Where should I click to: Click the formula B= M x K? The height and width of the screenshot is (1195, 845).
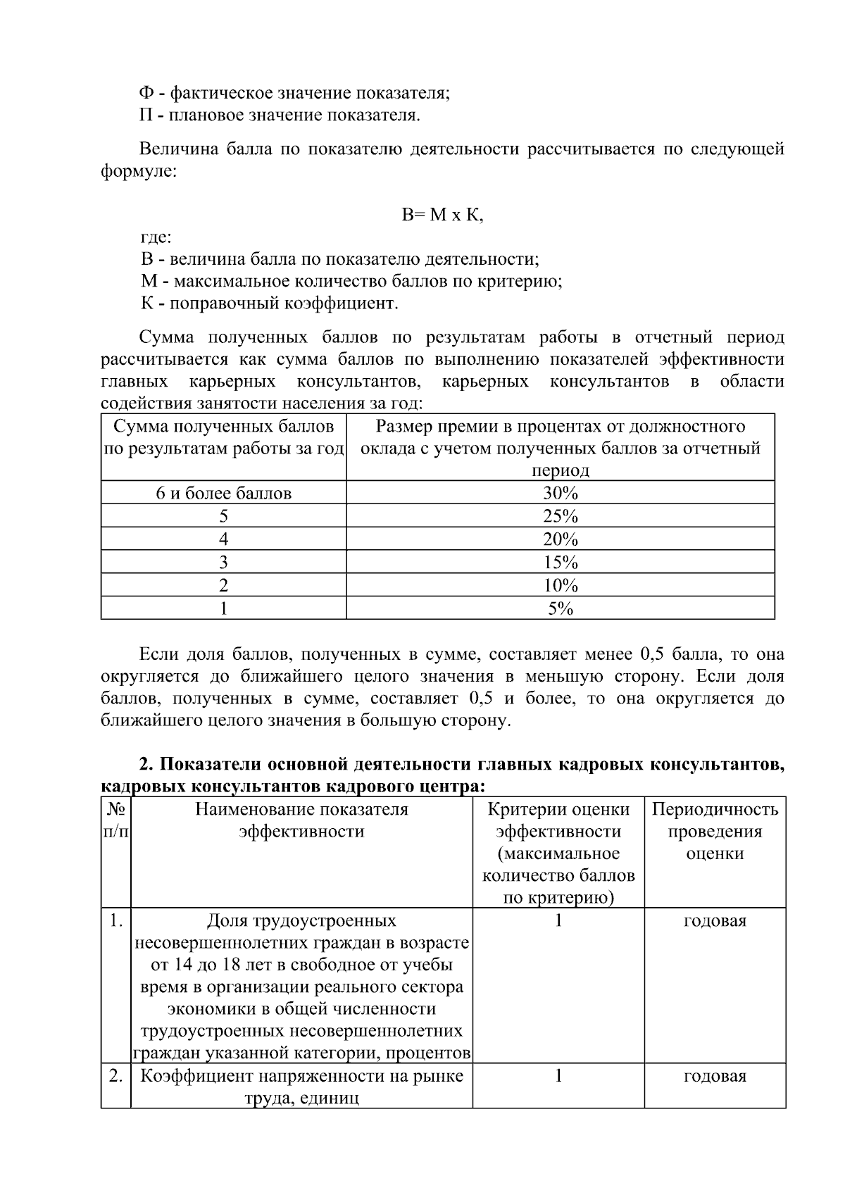442,215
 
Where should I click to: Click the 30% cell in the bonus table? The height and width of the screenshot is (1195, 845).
560,493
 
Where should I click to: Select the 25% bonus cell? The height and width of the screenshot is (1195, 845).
560,516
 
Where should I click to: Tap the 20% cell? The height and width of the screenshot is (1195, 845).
560,539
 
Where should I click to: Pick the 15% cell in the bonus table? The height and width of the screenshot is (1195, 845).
560,563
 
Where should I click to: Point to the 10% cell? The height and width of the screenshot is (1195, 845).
560,585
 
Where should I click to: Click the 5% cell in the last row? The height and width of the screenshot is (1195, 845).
560,608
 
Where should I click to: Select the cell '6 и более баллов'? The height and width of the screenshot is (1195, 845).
223,493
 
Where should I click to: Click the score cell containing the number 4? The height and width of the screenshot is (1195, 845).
223,539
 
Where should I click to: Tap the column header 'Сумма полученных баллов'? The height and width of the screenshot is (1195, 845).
223,437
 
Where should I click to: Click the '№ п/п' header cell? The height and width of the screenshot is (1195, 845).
116,820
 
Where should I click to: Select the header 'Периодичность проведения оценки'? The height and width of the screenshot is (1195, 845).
715,831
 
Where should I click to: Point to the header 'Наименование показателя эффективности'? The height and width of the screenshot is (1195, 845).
301,820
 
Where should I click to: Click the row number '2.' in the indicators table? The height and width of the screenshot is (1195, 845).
116,1076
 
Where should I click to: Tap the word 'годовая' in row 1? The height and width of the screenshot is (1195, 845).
715,921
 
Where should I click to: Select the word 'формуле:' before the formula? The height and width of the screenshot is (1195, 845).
139,172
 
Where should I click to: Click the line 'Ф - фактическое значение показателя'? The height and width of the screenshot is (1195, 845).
294,93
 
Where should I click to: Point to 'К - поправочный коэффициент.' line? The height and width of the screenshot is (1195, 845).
269,304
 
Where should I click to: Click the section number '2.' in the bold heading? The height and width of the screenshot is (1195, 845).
146,764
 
